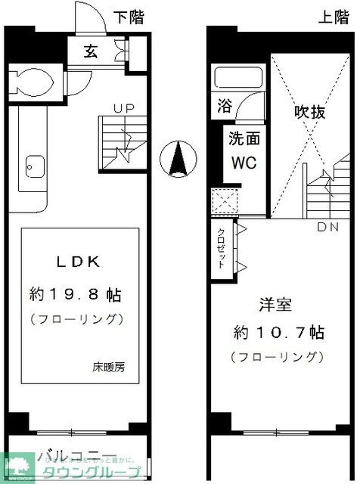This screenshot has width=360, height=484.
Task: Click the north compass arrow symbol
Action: click(x=178, y=159)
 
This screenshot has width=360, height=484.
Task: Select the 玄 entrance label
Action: click(x=90, y=52)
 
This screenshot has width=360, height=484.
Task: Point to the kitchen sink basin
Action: click(x=33, y=163)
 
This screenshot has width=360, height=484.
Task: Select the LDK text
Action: click(x=80, y=262)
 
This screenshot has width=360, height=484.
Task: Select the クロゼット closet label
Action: click(x=222, y=248)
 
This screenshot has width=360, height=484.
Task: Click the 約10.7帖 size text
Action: click(x=278, y=334)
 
